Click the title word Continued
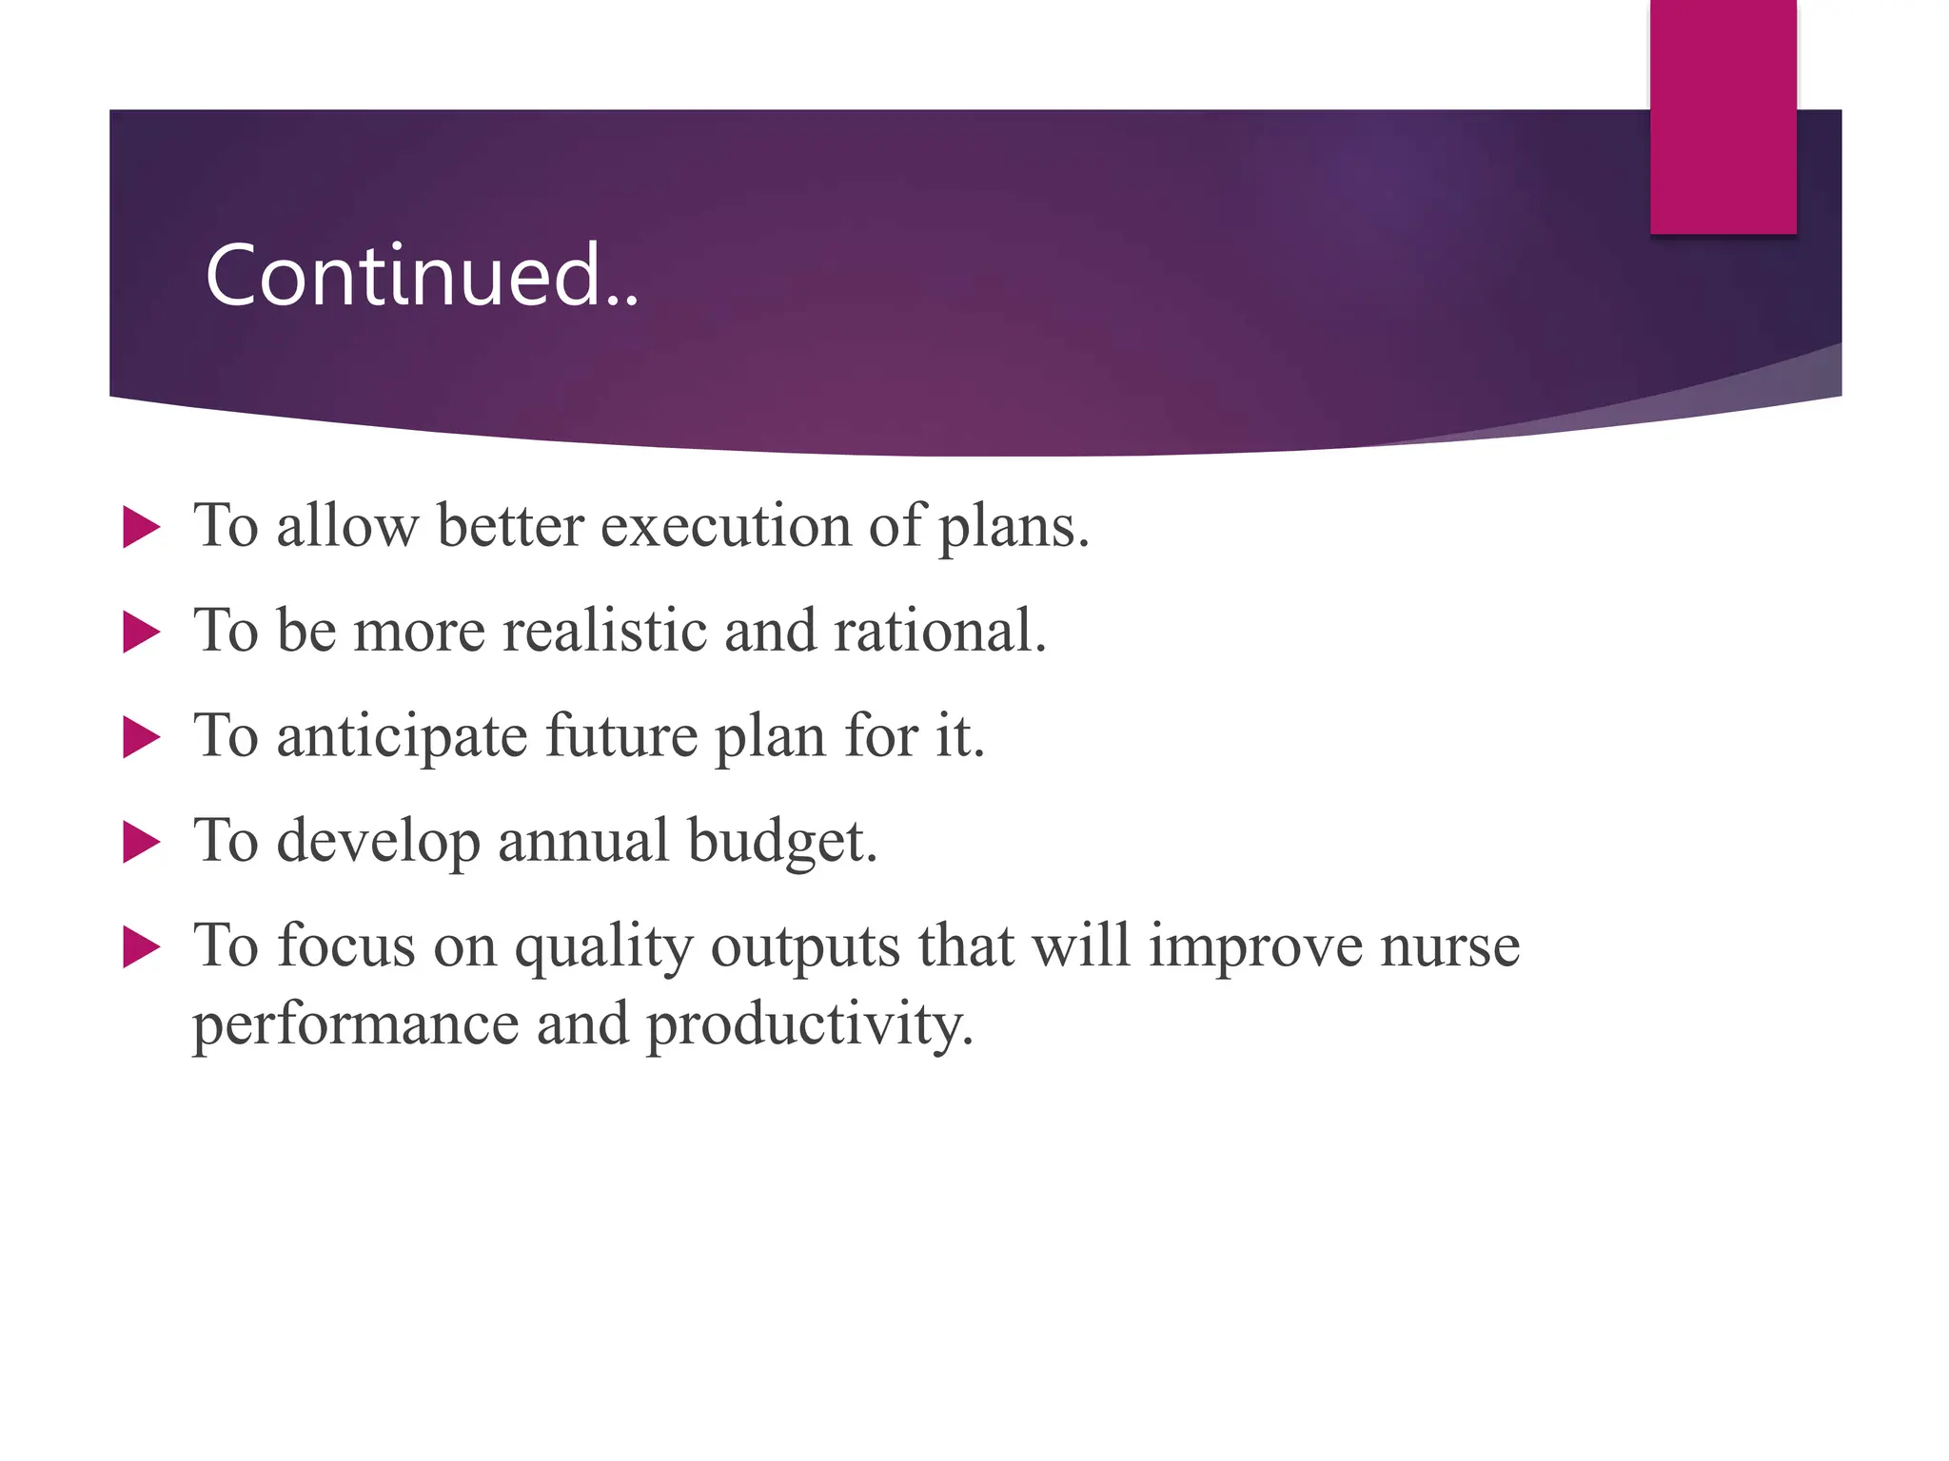click(x=422, y=276)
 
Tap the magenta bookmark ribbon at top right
click(x=1723, y=116)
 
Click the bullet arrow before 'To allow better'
click(x=142, y=527)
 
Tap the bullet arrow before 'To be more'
click(x=142, y=633)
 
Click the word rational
click(x=939, y=631)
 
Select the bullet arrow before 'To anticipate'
click(x=142, y=738)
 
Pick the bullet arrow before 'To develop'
click(x=142, y=843)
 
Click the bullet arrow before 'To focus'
click(x=142, y=948)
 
